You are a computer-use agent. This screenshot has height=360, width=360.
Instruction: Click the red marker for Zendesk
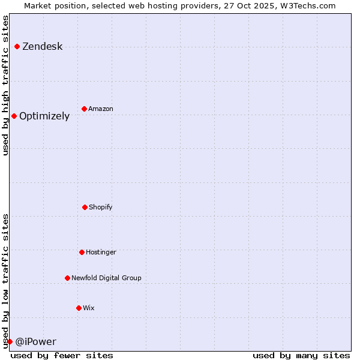click(17, 46)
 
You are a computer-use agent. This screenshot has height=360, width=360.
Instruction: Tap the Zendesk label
click(42, 47)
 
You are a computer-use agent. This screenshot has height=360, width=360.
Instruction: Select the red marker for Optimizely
click(14, 116)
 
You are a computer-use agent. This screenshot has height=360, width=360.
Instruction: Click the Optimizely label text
click(44, 116)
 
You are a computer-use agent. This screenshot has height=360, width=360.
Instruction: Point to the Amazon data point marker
click(84, 109)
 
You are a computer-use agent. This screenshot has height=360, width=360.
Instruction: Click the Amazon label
click(101, 109)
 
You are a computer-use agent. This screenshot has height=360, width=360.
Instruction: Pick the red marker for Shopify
click(85, 207)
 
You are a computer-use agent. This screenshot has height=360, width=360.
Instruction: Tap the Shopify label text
click(101, 208)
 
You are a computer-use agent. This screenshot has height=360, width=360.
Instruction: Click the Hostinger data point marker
click(82, 252)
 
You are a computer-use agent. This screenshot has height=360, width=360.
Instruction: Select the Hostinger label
click(101, 253)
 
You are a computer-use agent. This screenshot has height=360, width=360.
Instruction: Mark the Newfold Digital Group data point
click(67, 278)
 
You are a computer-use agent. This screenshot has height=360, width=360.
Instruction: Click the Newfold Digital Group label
click(106, 278)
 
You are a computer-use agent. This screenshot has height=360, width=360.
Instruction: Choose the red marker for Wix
click(79, 308)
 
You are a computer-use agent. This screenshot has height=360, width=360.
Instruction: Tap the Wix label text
click(89, 308)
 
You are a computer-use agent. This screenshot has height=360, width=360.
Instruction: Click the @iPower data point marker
click(10, 341)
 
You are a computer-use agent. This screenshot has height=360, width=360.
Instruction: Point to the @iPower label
click(36, 342)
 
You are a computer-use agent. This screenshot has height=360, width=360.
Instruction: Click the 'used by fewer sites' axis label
click(62, 355)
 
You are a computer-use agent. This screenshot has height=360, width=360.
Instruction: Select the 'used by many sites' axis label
click(301, 355)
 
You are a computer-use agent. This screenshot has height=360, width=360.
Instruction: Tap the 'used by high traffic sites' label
click(5, 85)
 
